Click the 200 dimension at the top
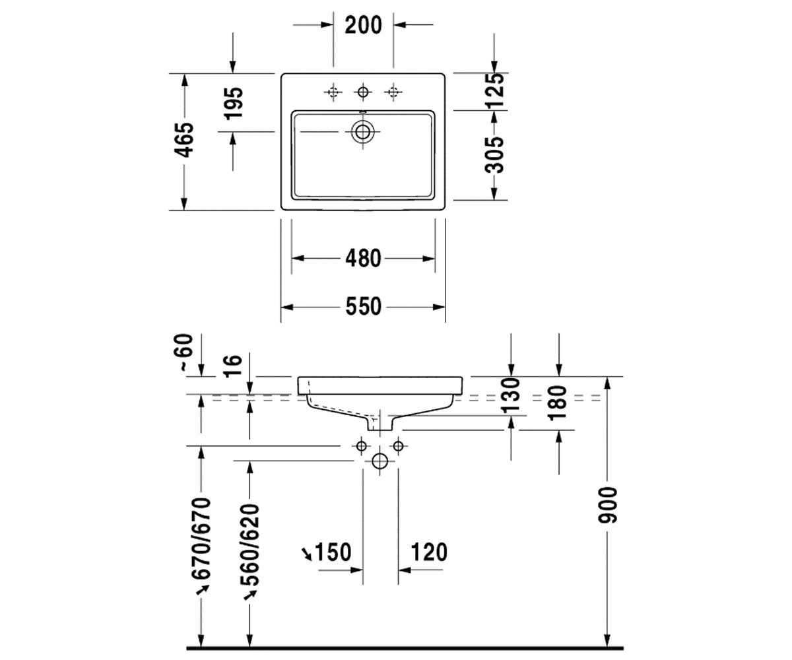[363, 26]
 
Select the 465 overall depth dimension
[184, 140]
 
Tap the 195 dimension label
[233, 104]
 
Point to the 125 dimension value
[494, 90]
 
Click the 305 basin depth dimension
[494, 155]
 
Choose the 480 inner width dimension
[363, 259]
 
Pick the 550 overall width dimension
[363, 306]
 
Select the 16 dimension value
[233, 365]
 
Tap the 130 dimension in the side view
[511, 395]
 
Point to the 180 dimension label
[558, 403]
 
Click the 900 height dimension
[607, 506]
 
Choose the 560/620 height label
[249, 544]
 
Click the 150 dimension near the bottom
[333, 552]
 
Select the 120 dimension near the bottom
[430, 552]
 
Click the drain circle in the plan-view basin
[362, 131]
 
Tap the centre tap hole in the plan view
[362, 92]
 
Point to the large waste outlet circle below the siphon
[379, 461]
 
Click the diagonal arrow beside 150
[306, 554]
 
